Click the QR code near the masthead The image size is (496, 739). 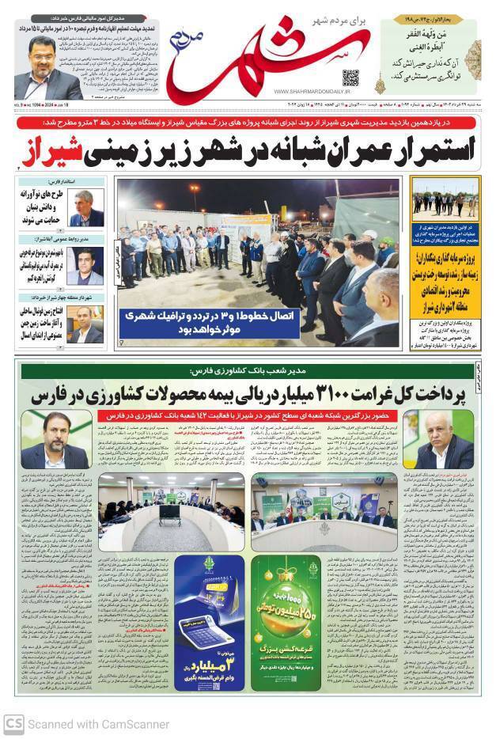[x=350, y=78]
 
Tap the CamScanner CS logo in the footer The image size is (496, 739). [x=13, y=723]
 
